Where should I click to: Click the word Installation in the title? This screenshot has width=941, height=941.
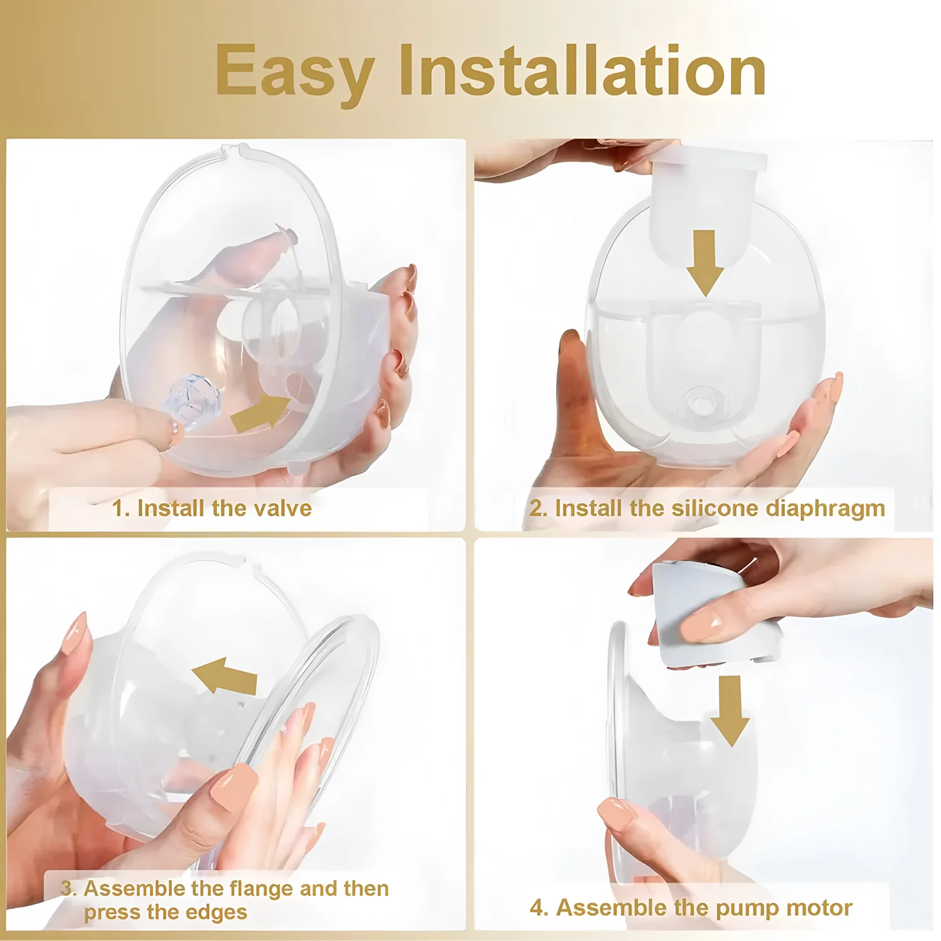click(582, 71)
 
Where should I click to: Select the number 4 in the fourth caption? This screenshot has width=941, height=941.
click(538, 908)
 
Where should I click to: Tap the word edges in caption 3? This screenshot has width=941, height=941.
click(216, 912)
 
